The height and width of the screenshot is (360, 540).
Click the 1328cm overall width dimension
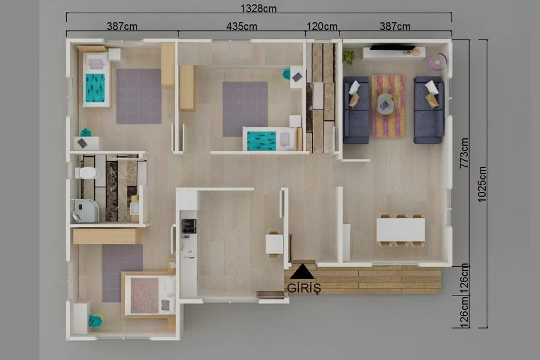[258, 8]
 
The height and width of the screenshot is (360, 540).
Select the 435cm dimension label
[241, 26]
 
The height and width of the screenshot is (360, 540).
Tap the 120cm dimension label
[322, 26]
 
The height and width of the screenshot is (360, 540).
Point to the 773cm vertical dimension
[464, 153]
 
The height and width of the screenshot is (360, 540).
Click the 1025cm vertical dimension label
[482, 184]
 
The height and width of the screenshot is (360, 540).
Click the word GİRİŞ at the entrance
[304, 288]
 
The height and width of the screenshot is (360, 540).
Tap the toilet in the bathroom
[86, 173]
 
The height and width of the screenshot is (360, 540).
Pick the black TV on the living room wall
[392, 47]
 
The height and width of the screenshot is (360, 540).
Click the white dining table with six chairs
[401, 230]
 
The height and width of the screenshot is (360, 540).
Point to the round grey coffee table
[386, 103]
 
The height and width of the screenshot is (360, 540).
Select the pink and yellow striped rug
[388, 106]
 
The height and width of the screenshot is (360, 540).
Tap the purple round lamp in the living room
[437, 62]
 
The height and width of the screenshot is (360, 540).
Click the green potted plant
[349, 57]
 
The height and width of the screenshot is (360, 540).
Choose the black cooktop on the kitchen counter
[189, 226]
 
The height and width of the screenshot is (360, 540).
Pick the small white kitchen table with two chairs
[274, 244]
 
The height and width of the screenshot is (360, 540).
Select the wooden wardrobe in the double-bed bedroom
[107, 237]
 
